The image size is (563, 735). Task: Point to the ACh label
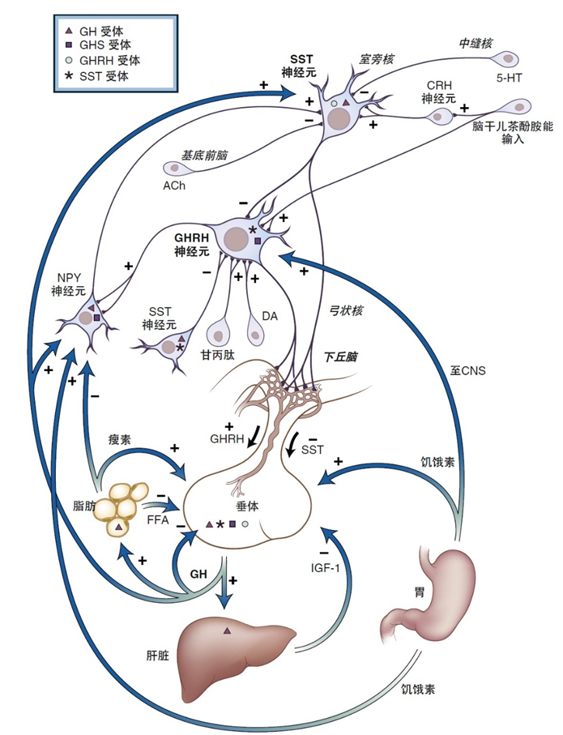coord(173,185)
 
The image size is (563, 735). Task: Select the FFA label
coord(158,521)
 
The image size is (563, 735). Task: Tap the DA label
coord(270,316)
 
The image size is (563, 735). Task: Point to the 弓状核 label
coord(334,308)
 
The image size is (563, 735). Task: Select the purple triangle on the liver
coord(227,630)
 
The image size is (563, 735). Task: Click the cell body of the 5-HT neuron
coord(510,58)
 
